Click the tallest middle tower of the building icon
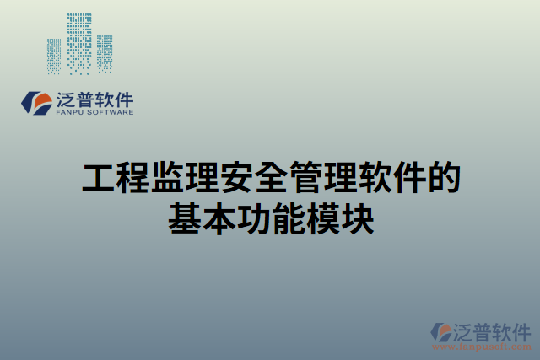[79, 42]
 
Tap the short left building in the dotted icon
[54, 56]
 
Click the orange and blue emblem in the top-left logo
[36, 104]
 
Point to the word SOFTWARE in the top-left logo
[109, 111]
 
